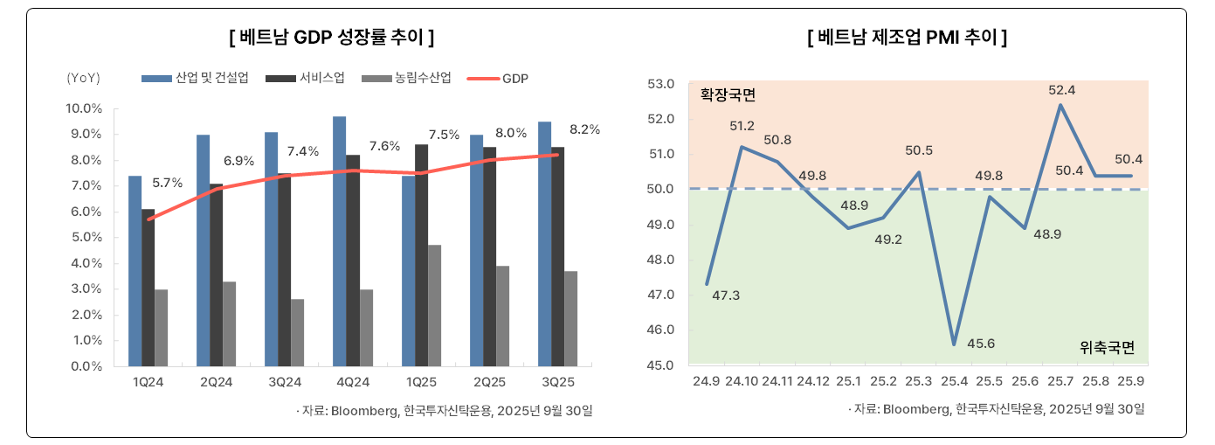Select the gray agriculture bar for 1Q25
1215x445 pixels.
435,305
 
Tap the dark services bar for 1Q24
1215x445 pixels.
148,288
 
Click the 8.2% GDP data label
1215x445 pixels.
584,129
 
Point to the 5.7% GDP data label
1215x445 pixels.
167,183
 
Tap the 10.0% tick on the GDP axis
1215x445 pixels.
85,108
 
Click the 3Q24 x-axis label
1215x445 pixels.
285,382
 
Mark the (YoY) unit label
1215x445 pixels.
84,79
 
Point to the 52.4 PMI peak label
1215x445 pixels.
1062,90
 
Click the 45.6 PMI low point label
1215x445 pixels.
981,343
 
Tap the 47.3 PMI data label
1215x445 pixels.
726,296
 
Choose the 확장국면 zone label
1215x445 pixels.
728,94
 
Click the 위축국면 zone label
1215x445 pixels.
1107,347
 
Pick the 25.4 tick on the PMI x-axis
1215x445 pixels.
954,382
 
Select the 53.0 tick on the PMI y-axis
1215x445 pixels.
662,84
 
